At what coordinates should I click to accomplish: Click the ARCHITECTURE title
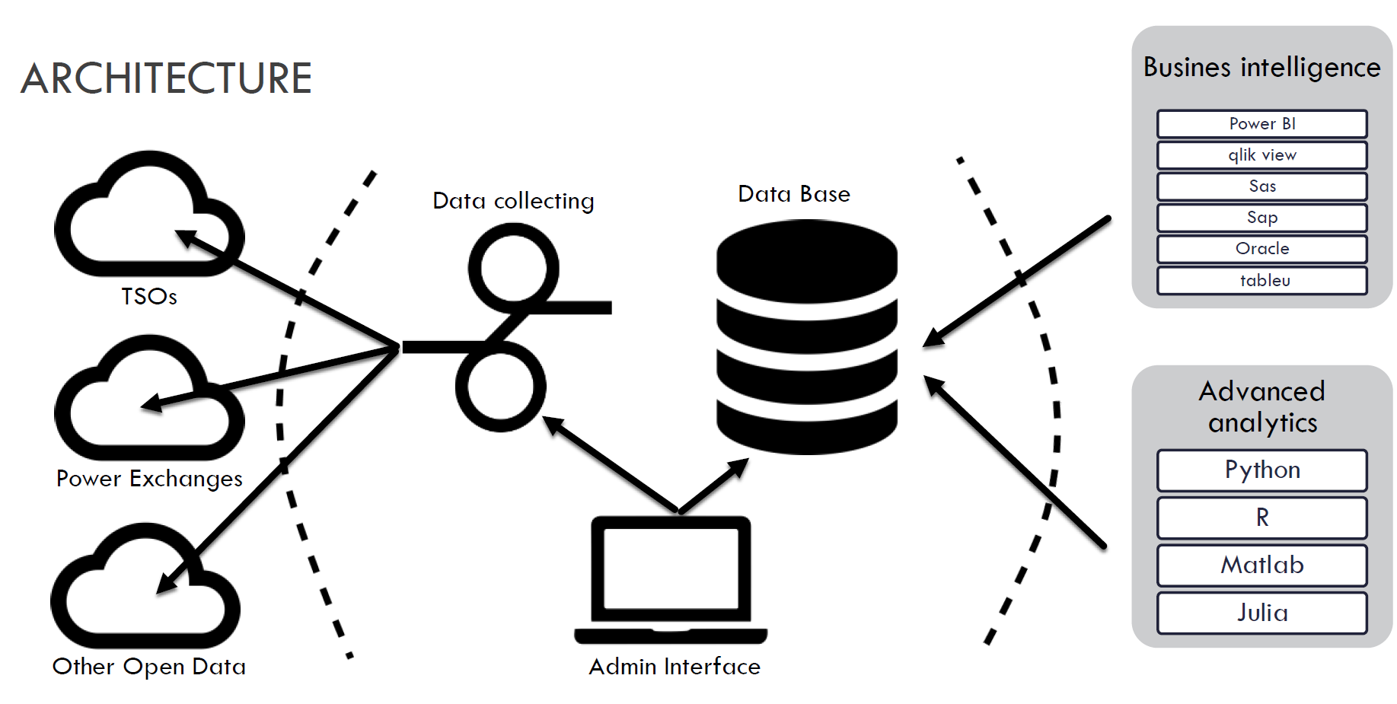(166, 78)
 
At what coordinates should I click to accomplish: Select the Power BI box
(1261, 124)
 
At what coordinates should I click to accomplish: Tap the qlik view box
(1261, 155)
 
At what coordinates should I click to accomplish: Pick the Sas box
(1261, 186)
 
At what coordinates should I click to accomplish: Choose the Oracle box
(1261, 249)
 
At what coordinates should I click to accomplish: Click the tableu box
(1261, 280)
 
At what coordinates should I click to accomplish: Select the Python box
(1261, 470)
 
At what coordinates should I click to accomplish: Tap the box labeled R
(1261, 518)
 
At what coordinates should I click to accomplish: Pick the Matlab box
(1261, 565)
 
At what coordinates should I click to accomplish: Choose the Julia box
(1261, 613)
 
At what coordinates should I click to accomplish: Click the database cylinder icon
(806, 336)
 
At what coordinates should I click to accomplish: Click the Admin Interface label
(675, 667)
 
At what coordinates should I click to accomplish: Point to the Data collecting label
(513, 201)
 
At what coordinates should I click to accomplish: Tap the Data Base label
(794, 194)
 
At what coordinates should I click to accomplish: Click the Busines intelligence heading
(1261, 68)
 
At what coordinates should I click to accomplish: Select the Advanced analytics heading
(1261, 406)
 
